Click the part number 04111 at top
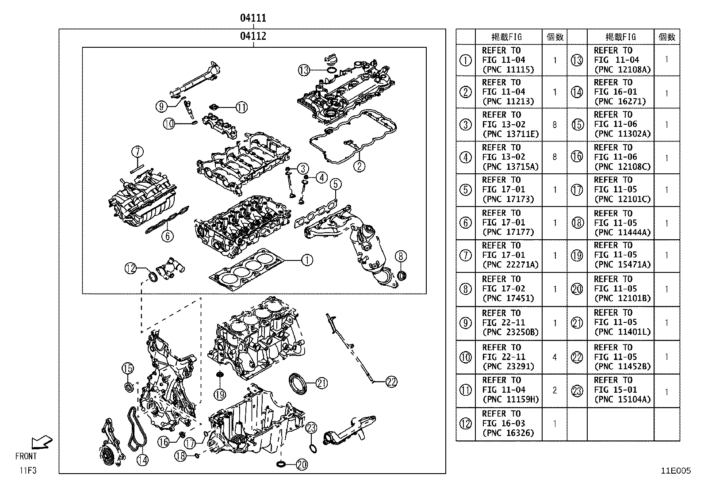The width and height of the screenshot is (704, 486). tap(253, 18)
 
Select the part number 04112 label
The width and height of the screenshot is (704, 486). tap(253, 36)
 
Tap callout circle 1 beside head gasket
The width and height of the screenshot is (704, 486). tap(306, 260)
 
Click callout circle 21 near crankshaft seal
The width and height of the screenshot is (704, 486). tap(321, 383)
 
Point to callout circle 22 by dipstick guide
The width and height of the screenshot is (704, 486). tap(391, 381)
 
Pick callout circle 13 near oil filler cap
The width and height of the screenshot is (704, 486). tap(304, 70)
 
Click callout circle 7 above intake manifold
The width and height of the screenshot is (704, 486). tap(137, 152)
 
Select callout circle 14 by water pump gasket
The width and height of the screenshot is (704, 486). tap(142, 460)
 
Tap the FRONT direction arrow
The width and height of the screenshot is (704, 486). tap(42, 442)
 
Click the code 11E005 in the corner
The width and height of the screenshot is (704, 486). tap(675, 471)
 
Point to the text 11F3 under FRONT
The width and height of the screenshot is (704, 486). tap(27, 470)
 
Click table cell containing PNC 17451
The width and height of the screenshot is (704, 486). tap(508, 289)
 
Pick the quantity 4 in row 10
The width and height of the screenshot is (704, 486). tap(555, 357)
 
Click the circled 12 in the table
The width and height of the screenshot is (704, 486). tap(465, 424)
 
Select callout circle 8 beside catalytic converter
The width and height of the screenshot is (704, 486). tap(401, 256)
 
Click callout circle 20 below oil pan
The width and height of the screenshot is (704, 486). tap(301, 464)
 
